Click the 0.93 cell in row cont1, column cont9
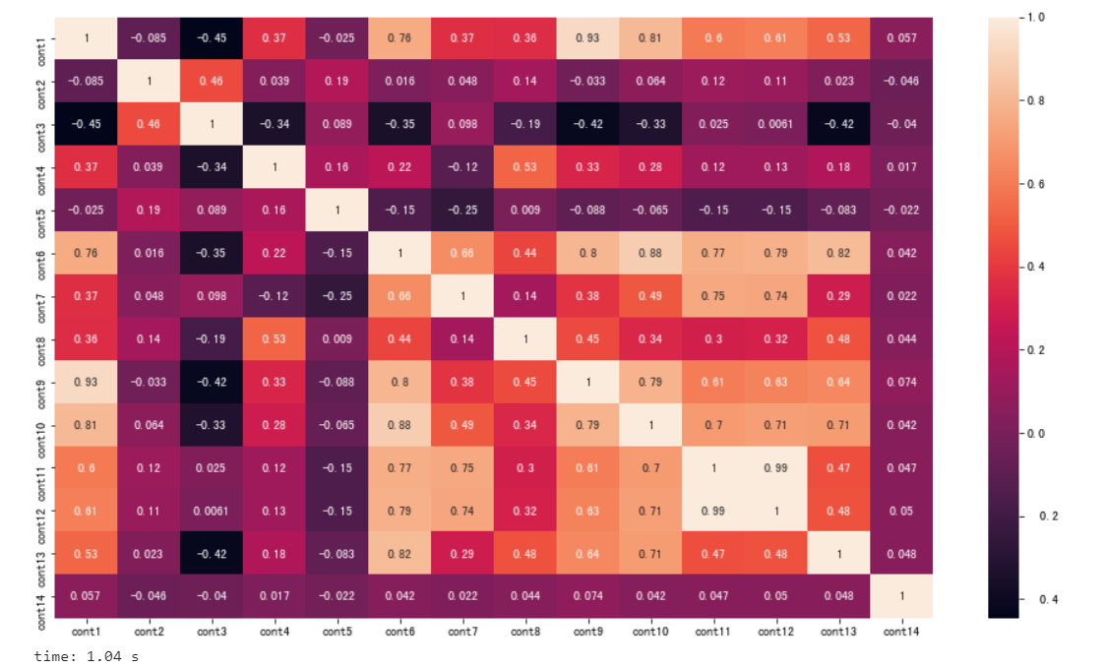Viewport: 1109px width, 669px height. (587, 38)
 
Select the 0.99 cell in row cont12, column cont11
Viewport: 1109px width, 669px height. (712, 511)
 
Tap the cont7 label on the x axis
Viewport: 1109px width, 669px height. (462, 632)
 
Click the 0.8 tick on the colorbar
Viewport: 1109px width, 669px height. (1033, 100)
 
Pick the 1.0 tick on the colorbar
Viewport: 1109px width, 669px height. (1033, 18)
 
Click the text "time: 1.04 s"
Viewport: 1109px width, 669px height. (86, 655)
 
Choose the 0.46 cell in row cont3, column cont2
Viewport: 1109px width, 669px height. (149, 124)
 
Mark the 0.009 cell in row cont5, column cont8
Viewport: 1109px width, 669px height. (524, 210)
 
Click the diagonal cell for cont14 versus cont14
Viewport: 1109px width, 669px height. (900, 596)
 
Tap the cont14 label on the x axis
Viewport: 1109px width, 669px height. (900, 632)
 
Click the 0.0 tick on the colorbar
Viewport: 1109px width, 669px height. (1033, 433)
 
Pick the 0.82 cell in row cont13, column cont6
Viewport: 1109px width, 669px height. (400, 553)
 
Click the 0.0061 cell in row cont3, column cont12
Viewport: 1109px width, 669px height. (775, 124)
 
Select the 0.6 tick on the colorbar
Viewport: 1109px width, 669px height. (1033, 184)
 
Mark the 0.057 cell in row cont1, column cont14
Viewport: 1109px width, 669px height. (900, 38)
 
